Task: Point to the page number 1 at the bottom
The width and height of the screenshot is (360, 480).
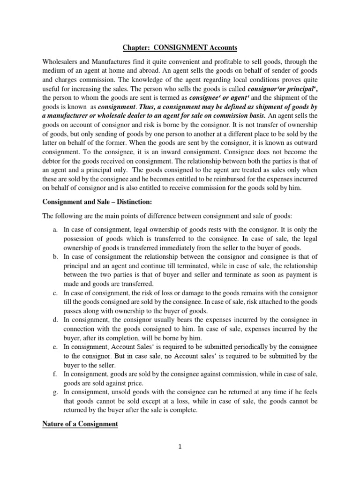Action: [x=180, y=447]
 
